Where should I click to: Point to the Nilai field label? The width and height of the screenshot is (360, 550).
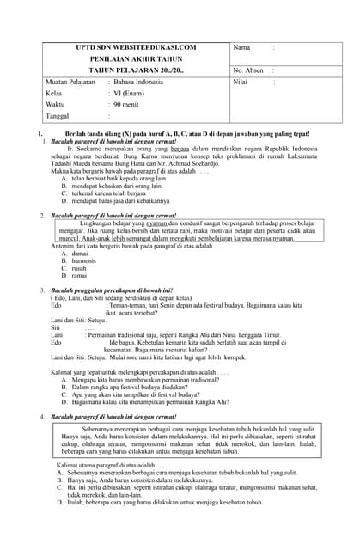coord(242,82)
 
